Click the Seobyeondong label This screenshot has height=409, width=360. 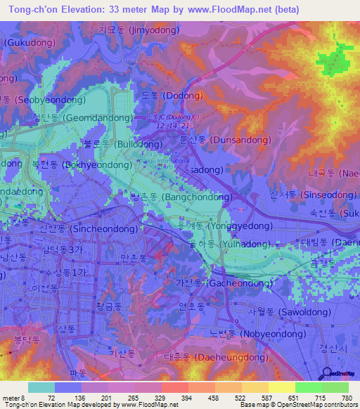[42, 99]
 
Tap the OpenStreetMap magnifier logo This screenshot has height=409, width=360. [326, 372]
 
